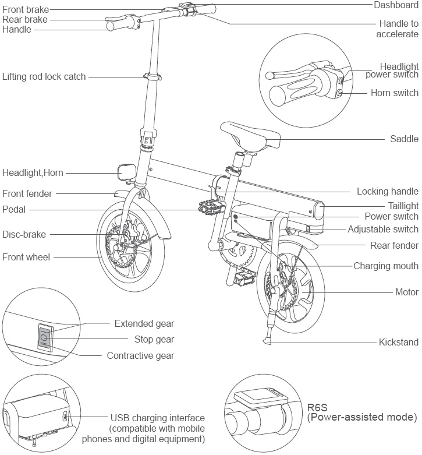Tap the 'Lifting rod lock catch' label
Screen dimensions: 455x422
(44, 76)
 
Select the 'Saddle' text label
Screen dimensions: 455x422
(404, 139)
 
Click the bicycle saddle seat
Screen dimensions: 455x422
(250, 136)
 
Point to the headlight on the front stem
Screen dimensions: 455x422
(126, 172)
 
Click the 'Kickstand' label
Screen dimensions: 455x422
(398, 342)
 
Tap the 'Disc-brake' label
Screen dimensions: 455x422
(24, 234)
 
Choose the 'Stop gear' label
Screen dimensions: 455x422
(154, 339)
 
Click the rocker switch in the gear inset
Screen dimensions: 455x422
(44, 337)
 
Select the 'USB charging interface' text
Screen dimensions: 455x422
(157, 418)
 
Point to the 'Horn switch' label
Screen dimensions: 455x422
(394, 93)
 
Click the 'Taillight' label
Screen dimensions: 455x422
(403, 206)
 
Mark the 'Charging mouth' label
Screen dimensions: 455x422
(386, 266)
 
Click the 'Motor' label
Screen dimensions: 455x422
(406, 292)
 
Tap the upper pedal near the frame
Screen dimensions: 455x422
(207, 206)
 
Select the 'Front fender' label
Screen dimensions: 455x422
(27, 193)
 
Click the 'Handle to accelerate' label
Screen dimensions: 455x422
(399, 29)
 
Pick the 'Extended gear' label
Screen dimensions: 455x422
(144, 323)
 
